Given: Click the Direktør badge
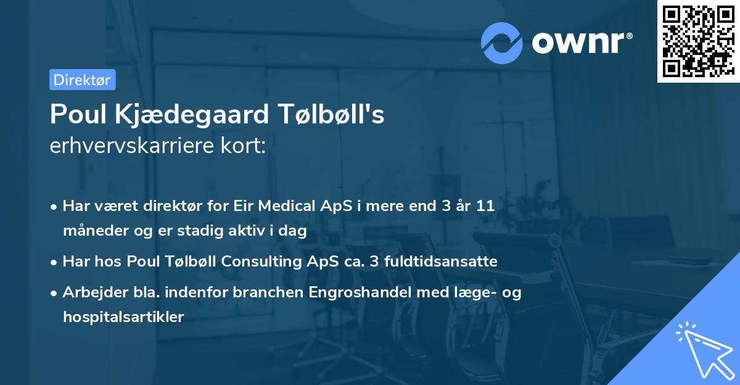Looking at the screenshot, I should [82, 80].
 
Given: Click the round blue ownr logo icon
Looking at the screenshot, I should [502, 42].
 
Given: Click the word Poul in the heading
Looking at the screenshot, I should [75, 115].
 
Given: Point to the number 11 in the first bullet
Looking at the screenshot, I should [486, 206].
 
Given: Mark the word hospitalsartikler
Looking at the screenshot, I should [123, 317].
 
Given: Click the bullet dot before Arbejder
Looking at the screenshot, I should [55, 293].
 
